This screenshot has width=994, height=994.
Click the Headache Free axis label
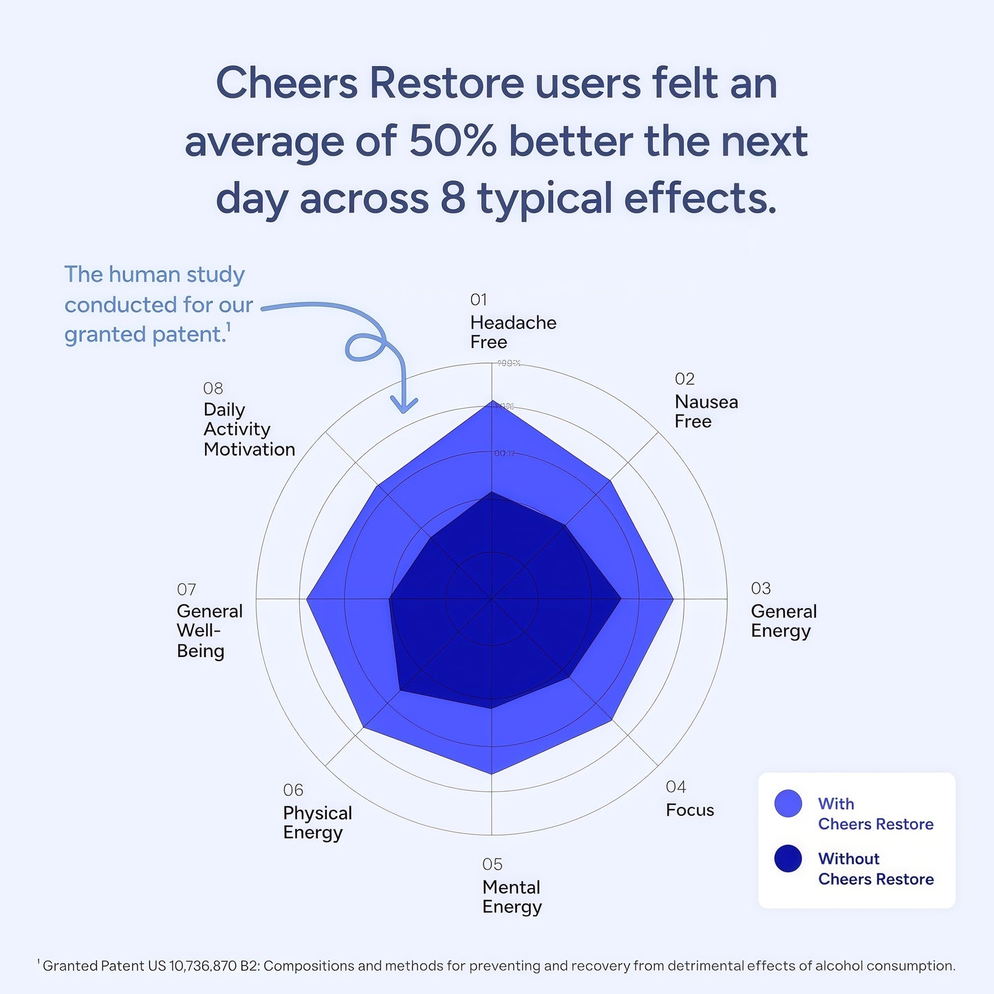tap(512, 332)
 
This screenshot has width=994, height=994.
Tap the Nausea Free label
tap(706, 411)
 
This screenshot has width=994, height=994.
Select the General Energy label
tap(783, 621)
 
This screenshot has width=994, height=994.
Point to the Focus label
tap(689, 810)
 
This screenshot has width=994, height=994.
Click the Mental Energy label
tap(512, 897)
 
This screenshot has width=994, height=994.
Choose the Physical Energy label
tap(316, 823)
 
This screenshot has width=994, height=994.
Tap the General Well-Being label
tap(209, 631)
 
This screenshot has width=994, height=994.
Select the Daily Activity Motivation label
tap(248, 429)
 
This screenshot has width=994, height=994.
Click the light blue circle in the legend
tap(788, 803)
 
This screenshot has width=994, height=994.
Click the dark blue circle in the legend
tap(788, 858)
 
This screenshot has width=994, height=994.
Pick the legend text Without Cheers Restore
tap(875, 869)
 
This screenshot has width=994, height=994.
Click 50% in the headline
tap(452, 141)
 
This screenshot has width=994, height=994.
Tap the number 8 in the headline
tap(453, 198)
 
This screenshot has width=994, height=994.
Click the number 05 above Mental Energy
tap(492, 865)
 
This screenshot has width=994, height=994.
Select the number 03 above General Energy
tap(760, 589)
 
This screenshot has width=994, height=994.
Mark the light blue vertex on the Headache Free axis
tap(491, 401)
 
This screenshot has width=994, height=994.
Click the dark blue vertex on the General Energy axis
tap(620, 599)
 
